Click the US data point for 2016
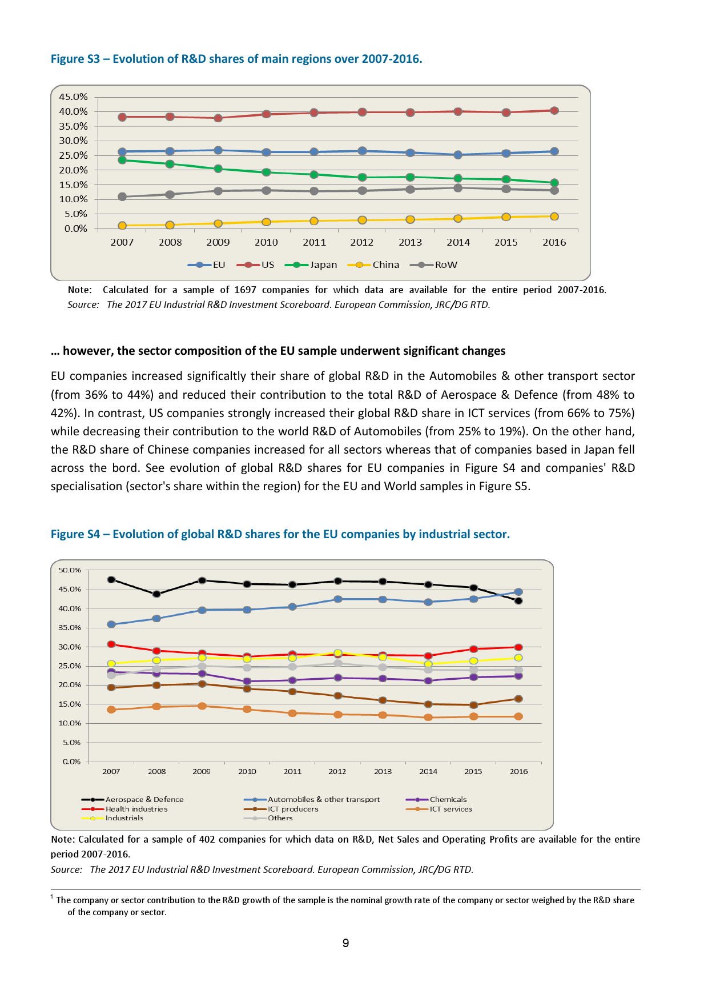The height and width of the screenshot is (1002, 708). pyautogui.click(x=554, y=111)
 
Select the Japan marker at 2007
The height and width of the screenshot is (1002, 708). pyautogui.click(x=122, y=160)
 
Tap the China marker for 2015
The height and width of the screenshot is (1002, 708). pyautogui.click(x=506, y=217)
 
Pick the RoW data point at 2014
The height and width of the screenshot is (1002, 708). pyautogui.click(x=458, y=188)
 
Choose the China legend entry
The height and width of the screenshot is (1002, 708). pyautogui.click(x=377, y=265)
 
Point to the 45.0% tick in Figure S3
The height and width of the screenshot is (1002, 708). pyautogui.click(x=73, y=97)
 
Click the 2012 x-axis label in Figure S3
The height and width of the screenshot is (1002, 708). pyautogui.click(x=362, y=242)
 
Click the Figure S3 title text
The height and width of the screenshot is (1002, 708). pyautogui.click(x=236, y=59)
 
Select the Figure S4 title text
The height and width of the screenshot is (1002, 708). pyautogui.click(x=280, y=534)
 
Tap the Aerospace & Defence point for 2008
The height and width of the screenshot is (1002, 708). pyautogui.click(x=156, y=594)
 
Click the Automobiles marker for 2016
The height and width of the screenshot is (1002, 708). pyautogui.click(x=518, y=592)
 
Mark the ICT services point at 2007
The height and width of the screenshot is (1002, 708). pyautogui.click(x=111, y=710)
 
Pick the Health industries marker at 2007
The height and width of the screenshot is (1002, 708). pyautogui.click(x=111, y=644)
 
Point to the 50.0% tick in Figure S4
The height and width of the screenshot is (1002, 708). pyautogui.click(x=70, y=570)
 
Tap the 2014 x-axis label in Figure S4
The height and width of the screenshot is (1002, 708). pyautogui.click(x=428, y=771)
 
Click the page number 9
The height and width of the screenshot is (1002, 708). pyautogui.click(x=345, y=943)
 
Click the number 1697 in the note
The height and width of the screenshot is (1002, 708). pyautogui.click(x=246, y=290)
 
